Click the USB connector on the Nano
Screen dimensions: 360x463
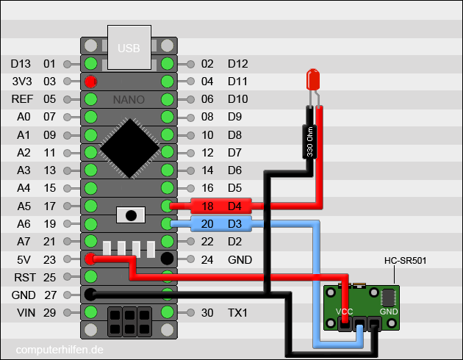[x=129, y=46]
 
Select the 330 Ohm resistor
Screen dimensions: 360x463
[x=310, y=141]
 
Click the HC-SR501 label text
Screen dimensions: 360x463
[x=406, y=260]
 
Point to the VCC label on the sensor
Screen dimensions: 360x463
[x=345, y=312]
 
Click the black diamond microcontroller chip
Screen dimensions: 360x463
[x=129, y=146]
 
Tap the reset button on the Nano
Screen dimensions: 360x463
[x=132, y=215]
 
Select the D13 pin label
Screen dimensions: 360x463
[x=21, y=64]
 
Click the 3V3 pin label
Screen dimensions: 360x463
[x=21, y=82]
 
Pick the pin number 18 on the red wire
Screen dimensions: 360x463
[x=207, y=206]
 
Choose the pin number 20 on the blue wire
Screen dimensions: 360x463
[x=207, y=224]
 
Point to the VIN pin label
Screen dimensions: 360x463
[x=21, y=312]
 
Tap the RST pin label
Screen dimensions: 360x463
[x=21, y=277]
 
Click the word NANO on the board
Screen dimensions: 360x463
[x=129, y=99]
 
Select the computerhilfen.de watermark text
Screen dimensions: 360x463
[x=59, y=350]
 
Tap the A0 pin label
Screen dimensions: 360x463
[x=21, y=117]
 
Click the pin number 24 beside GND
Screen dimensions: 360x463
[x=207, y=259]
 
